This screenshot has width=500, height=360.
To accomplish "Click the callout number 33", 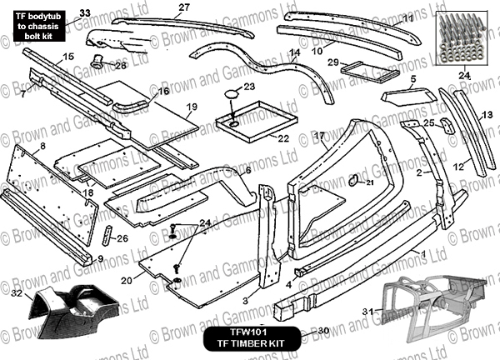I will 83,12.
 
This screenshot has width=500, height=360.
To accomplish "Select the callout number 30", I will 324,332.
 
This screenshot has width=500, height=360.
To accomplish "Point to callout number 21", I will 370,183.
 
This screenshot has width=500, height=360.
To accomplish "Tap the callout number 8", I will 42,147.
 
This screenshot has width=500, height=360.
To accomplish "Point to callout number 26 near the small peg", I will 122,239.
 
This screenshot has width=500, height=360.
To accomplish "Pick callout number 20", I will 126,282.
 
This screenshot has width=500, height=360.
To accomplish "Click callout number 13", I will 487,113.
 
